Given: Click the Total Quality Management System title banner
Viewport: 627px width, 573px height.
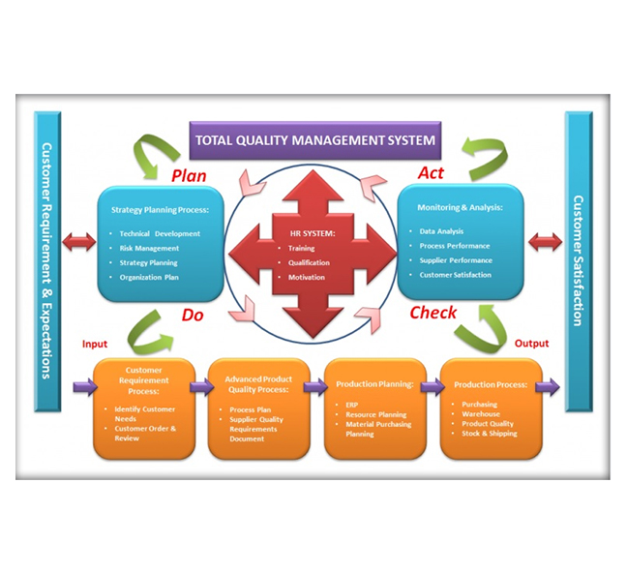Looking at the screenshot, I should (x=314, y=140).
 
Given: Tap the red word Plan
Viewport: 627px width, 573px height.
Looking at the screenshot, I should (x=191, y=175).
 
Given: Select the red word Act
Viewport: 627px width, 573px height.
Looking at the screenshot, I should (x=430, y=173).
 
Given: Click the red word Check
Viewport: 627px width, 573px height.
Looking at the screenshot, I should (x=433, y=313).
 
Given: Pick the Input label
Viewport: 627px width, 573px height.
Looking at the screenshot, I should (x=95, y=344).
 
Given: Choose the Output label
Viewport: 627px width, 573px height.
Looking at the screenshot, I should (x=531, y=344).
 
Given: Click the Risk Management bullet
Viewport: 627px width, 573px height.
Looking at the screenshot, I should (x=149, y=248).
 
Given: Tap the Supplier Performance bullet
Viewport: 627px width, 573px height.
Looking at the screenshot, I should (x=456, y=260).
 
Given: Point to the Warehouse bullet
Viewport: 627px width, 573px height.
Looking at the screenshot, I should (x=481, y=414).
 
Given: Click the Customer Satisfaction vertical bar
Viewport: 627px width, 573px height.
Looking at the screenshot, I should (x=578, y=261).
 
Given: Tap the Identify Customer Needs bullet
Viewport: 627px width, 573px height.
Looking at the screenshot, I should (x=146, y=414).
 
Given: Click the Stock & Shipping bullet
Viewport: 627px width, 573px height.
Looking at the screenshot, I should (x=490, y=434).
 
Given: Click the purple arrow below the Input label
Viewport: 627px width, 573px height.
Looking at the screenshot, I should (x=83, y=387).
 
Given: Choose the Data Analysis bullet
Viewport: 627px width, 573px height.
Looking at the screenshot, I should (x=441, y=231).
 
